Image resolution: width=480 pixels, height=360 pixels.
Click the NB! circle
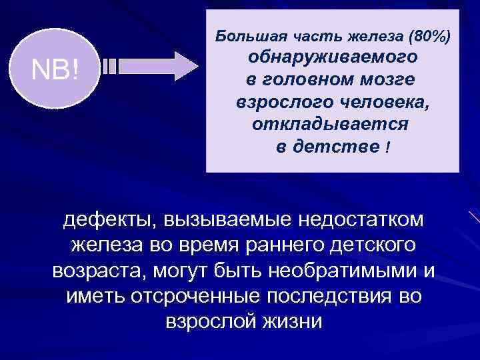[57, 69]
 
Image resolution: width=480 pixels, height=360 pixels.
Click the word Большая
[243, 35]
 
